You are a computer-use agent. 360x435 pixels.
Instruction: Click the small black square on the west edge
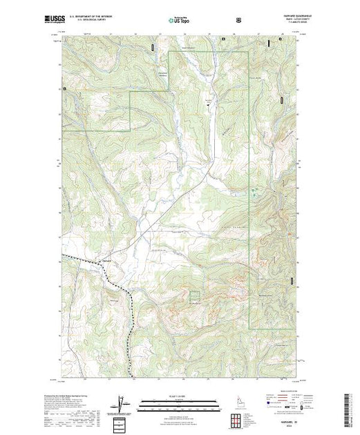pyautogui.click(x=64, y=88)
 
